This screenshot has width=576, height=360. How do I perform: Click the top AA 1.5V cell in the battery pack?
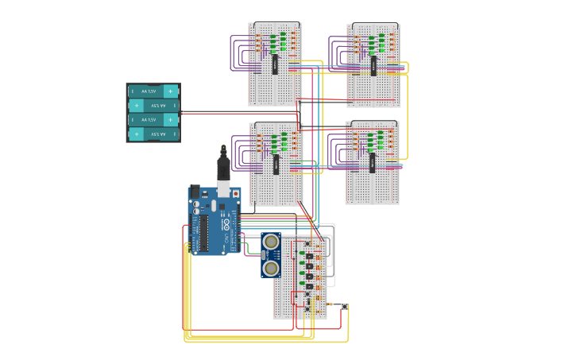click(x=153, y=91)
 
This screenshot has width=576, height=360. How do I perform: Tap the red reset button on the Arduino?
click(x=235, y=193)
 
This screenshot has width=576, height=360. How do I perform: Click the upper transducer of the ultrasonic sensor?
click(x=271, y=242)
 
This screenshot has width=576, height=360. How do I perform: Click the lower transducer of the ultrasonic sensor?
click(x=271, y=269)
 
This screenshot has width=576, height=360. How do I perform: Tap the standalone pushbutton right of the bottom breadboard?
click(x=344, y=307)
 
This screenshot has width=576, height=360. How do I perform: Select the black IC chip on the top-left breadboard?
click(x=275, y=64)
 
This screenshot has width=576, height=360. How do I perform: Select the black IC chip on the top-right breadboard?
click(x=373, y=65)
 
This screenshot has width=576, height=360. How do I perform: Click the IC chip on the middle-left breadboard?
click(x=276, y=164)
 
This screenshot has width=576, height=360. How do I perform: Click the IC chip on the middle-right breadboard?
click(x=372, y=162)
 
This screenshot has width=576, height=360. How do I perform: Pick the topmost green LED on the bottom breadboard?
click(x=302, y=254)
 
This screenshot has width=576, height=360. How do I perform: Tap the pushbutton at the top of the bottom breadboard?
click(x=308, y=242)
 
